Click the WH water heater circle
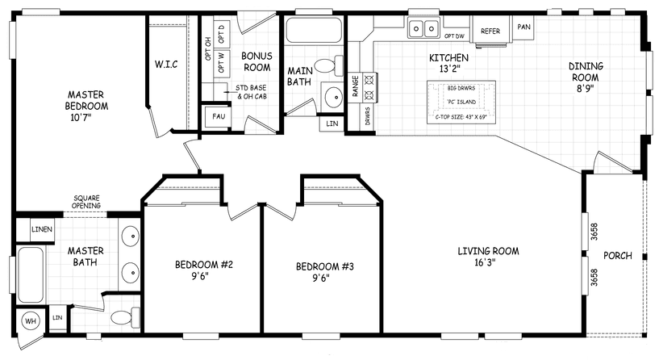tap(31, 320)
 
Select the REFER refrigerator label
tap(491, 31)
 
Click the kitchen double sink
tap(424, 29)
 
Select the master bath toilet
tap(120, 317)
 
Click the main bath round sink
tap(332, 96)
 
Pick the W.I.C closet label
tap(166, 64)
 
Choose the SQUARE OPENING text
tap(86, 202)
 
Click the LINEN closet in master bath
tap(41, 229)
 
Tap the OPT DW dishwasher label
tap(454, 36)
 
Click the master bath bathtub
tap(31, 273)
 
